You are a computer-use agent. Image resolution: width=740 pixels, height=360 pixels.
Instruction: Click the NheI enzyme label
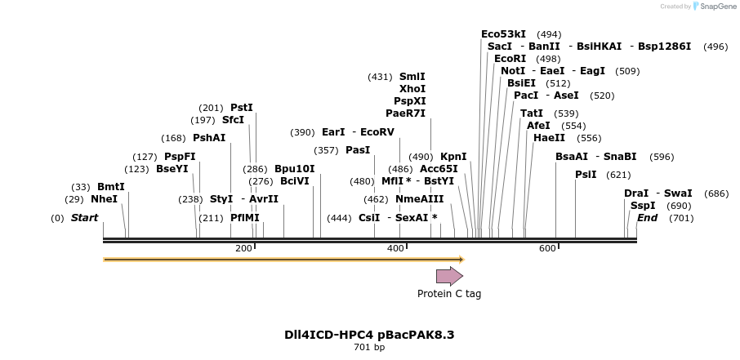[x=104, y=199]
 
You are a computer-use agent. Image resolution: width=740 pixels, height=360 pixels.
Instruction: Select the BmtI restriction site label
[x=110, y=187]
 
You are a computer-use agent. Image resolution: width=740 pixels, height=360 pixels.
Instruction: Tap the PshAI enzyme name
[x=209, y=138]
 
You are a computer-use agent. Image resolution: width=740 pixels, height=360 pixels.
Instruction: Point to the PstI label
[x=242, y=108]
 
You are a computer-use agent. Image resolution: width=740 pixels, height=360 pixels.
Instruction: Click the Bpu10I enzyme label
[x=294, y=169]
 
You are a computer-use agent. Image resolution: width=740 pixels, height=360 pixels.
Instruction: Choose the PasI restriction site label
[x=358, y=150]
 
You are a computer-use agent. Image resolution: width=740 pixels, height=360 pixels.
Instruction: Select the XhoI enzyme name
[x=412, y=89]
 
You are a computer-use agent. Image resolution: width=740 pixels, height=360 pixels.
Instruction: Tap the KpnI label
[x=453, y=157]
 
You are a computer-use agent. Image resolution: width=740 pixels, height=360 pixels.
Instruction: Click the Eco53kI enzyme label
[x=504, y=34]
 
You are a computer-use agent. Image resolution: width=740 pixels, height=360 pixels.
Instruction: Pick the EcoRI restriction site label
[x=510, y=59]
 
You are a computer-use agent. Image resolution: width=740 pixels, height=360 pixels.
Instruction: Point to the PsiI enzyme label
[x=586, y=175]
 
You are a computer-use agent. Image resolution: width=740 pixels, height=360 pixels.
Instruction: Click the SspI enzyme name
[x=643, y=206]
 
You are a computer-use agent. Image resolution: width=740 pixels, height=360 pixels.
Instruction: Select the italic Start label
[x=84, y=218]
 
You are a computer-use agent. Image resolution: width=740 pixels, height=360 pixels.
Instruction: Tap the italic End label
[x=647, y=218]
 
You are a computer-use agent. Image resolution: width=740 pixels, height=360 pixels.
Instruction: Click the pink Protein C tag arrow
[x=449, y=276]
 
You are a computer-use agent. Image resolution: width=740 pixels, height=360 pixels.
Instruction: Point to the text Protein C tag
[x=449, y=294]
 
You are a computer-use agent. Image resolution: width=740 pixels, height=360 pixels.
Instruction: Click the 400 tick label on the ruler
[x=395, y=248]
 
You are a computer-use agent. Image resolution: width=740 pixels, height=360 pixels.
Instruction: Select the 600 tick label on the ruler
[x=547, y=248]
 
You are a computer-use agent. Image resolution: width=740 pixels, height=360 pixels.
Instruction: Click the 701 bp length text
[x=369, y=348]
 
